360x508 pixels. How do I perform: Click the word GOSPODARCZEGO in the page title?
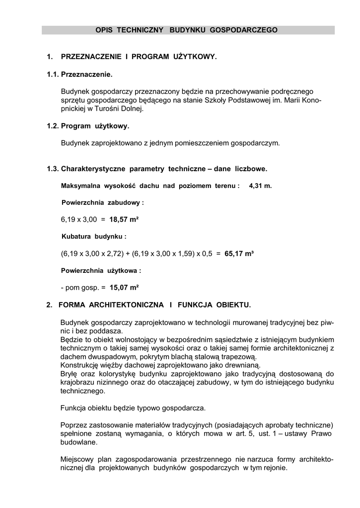pyautogui.click(x=244, y=30)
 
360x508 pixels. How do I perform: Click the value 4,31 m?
pyautogui.click(x=261, y=186)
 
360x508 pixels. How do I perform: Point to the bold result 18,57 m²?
pyautogui.click(x=124, y=219)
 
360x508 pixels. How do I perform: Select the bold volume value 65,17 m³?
pyautogui.click(x=239, y=254)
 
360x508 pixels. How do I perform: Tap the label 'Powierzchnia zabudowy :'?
pyautogui.click(x=103, y=202)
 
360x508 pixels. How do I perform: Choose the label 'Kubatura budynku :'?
pyautogui.click(x=94, y=236)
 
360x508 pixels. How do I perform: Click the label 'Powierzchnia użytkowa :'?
pyautogui.click(x=101, y=271)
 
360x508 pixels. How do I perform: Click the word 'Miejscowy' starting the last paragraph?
pyautogui.click(x=77, y=459)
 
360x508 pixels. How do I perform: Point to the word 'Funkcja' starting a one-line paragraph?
pyautogui.click(x=73, y=408)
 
